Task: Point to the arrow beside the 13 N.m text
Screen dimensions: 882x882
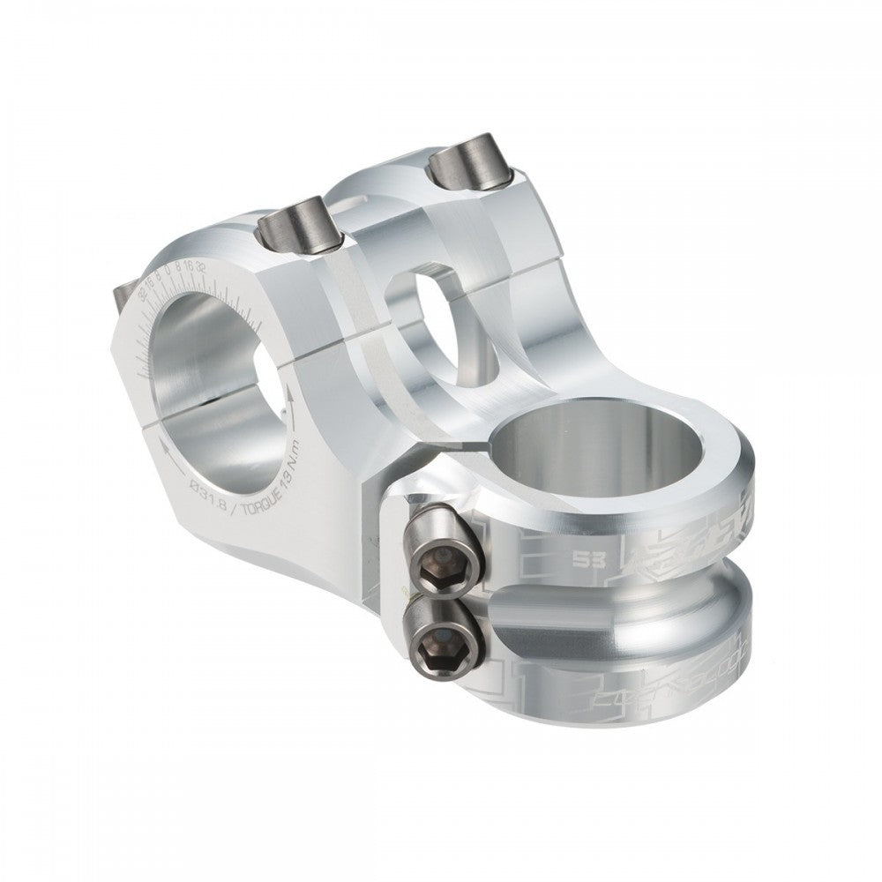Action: coord(288,401)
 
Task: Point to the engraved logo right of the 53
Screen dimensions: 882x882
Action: coord(679,542)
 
